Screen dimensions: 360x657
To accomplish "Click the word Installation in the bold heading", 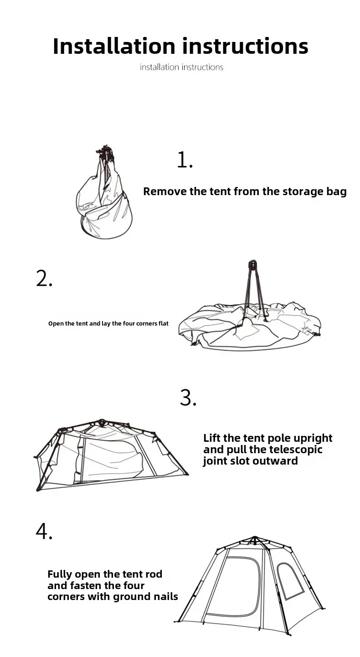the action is [x=114, y=46].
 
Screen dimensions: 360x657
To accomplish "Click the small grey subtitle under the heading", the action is [x=181, y=67].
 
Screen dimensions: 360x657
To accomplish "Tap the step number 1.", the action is [x=185, y=160].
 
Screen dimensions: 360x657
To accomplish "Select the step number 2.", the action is [x=44, y=278].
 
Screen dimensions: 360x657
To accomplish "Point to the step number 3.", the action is [x=188, y=398].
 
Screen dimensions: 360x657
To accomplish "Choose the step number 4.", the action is [x=44, y=531].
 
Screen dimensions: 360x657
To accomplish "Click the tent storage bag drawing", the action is [x=104, y=192].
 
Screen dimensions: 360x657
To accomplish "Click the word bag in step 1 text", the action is [x=337, y=192].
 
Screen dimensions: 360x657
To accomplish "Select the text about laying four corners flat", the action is [x=108, y=324].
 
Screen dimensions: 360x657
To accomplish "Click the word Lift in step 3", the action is [x=212, y=438].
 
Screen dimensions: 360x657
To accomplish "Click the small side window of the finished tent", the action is [x=290, y=581].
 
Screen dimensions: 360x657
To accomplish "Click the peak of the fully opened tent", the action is [x=255, y=538].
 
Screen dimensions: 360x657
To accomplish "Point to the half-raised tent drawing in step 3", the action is [x=111, y=455].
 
